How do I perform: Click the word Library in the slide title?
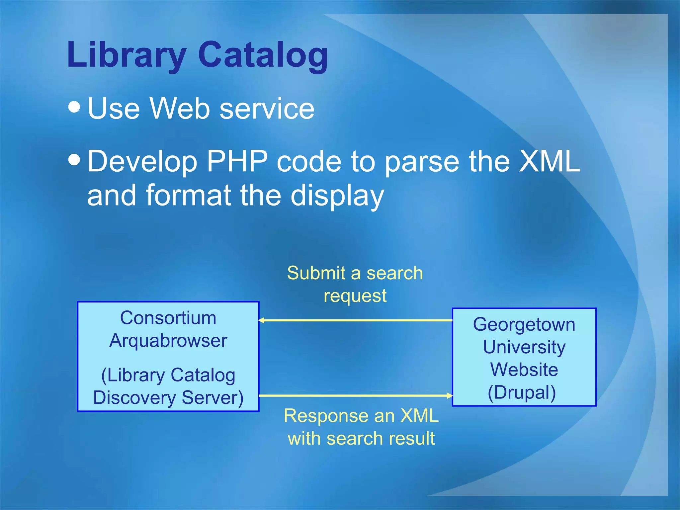click(127, 55)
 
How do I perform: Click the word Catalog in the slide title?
click(263, 55)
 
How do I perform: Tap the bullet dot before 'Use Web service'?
click(74, 107)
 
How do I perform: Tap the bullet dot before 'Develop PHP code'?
click(74, 159)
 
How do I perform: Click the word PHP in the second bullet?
click(237, 161)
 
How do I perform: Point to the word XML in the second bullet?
click(549, 161)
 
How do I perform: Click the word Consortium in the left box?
click(168, 318)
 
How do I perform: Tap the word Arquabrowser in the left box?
click(168, 341)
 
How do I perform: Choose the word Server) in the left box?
click(212, 398)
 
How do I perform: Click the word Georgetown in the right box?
click(524, 324)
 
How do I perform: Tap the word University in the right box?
click(524, 347)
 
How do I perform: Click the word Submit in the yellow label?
click(316, 273)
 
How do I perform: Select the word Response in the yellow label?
click(339, 416)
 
